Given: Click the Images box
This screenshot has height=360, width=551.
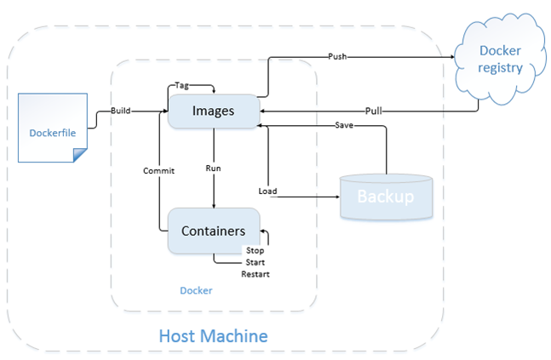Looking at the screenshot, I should coord(213,111).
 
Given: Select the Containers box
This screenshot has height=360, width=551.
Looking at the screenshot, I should coord(213,231).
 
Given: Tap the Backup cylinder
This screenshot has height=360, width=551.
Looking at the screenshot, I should coord(385,197).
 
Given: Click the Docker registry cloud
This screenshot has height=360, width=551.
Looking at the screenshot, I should coord(499,60).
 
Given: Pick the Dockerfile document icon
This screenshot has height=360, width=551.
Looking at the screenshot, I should coord(52,131).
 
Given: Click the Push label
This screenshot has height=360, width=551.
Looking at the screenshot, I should coord(337,57).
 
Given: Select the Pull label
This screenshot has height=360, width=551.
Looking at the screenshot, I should coord(373,111).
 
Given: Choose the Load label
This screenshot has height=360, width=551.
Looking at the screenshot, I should coord(267,191).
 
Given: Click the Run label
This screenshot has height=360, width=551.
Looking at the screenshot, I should coord(214,169).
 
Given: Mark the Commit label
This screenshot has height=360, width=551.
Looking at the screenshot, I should coord(158,170).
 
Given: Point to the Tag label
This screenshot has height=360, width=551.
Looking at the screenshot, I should coord(181,85).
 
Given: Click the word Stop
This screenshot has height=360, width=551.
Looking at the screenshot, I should coord(255,250).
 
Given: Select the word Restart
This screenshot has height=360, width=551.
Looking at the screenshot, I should coord(255,274).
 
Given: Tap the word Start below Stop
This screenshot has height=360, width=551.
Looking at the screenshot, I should coord(255,262).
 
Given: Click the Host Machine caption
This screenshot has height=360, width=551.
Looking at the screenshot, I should coord(214,335).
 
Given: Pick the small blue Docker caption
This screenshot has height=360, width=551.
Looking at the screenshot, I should coord(196,290).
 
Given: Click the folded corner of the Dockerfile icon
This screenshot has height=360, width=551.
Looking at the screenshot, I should coord(79,154).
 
